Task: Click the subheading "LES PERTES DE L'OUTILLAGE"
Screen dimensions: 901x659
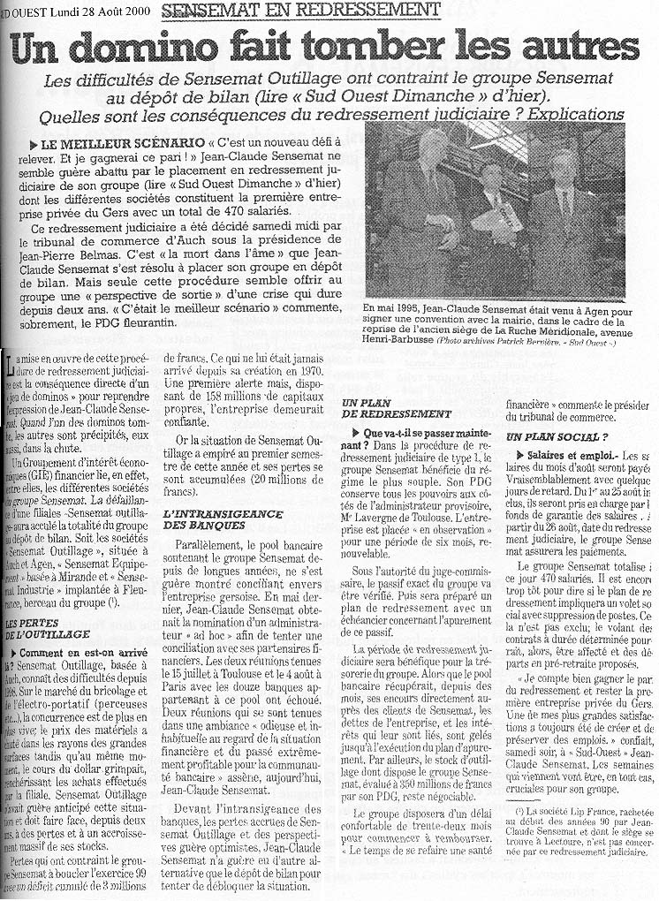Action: coord(48,627)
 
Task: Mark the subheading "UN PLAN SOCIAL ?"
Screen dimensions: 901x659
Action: coord(557,437)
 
